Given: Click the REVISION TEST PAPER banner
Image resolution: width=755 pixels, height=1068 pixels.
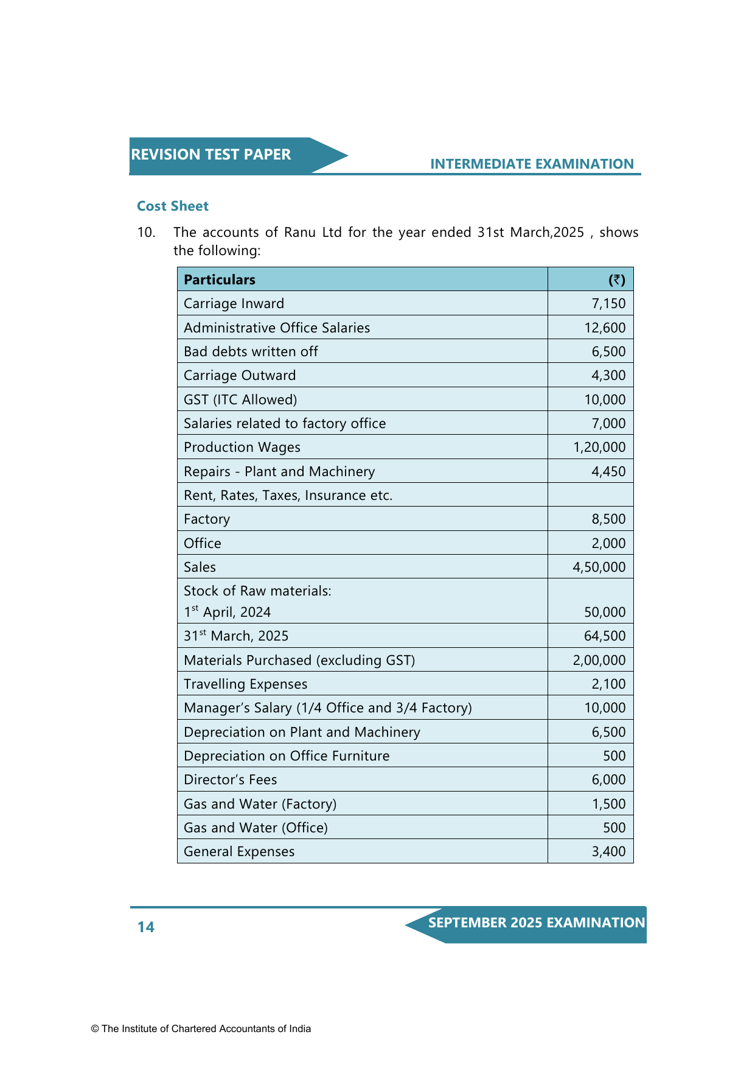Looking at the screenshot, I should tap(211, 155).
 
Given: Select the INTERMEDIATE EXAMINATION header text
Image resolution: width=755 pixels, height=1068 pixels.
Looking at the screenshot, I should tap(532, 164).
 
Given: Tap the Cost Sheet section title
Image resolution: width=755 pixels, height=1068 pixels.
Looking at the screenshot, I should tap(173, 206).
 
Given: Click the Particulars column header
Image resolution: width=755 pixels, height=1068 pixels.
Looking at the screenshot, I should tap(220, 279).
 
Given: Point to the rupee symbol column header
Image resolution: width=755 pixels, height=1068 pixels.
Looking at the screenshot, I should tap(617, 279).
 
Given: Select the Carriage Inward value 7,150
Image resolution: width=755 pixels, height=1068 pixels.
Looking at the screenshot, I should tap(608, 303).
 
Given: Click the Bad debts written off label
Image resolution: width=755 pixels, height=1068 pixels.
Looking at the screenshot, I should tap(251, 351).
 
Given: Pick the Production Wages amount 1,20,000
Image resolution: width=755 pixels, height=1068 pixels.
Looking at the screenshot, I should tap(599, 447).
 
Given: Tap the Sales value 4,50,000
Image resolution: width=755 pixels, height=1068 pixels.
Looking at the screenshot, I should tap(599, 567).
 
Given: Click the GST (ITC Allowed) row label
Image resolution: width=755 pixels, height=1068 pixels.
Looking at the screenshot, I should tap(240, 399).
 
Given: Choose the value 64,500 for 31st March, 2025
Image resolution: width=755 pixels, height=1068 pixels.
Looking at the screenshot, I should tap(605, 636).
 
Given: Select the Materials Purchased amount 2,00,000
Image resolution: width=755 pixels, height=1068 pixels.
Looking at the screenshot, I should tap(599, 660).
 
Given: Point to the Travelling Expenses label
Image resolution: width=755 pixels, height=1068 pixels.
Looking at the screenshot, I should tap(246, 684).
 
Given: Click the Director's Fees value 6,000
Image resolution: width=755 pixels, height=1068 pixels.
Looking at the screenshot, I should tap(608, 779).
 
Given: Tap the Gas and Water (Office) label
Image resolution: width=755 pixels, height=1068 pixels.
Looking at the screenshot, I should tap(256, 827).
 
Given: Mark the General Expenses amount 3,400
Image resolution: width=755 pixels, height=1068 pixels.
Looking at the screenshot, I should tap(608, 851).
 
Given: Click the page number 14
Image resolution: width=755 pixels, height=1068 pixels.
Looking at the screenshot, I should tap(146, 927).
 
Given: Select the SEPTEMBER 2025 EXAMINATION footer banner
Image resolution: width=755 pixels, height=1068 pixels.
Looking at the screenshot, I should tap(536, 923).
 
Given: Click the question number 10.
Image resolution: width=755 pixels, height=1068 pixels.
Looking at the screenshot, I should tap(146, 232).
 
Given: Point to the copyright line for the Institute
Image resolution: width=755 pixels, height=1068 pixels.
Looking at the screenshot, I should tap(201, 1028).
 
